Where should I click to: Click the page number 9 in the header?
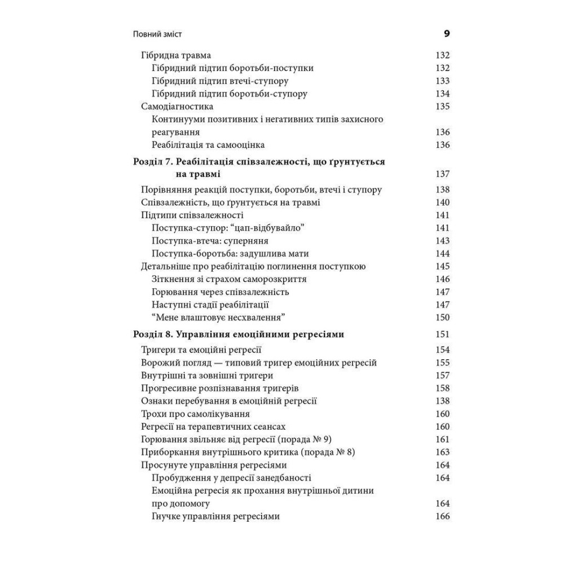(447, 34)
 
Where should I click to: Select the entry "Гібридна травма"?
(175, 55)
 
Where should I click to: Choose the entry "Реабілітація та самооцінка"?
(208, 145)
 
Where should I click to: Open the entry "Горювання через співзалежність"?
(220, 292)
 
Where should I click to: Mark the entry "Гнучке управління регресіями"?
(216, 517)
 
